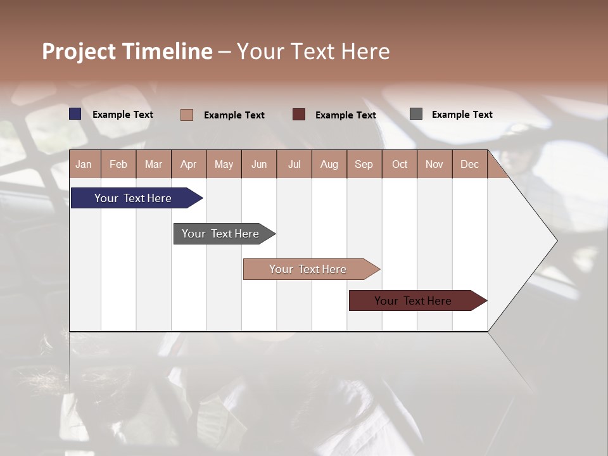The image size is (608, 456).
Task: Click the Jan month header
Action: [x=84, y=164]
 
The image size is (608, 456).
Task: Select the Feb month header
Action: [x=118, y=164]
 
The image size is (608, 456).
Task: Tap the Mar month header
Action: [x=153, y=164]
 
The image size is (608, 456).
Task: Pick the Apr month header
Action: [x=189, y=164]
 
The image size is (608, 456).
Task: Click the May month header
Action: [x=224, y=164]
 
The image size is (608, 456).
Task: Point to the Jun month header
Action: [x=259, y=164]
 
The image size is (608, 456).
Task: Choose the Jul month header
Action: [x=294, y=164]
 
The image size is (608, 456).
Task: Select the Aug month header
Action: [x=329, y=164]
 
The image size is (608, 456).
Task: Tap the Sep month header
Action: [x=364, y=164]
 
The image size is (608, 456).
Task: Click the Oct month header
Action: [x=400, y=164]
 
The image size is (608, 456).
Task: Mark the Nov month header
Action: [x=434, y=164]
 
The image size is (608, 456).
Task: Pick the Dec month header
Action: [x=470, y=164]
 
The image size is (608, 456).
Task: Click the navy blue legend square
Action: [x=75, y=114]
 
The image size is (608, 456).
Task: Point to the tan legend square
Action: [x=187, y=115]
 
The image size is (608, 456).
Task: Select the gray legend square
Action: [x=416, y=114]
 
